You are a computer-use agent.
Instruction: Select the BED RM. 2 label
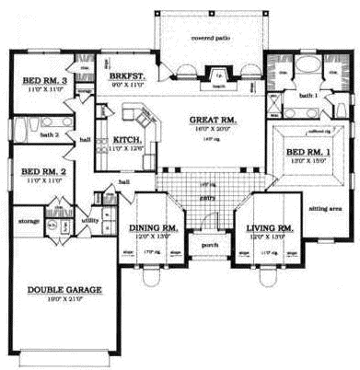click(x=41, y=172)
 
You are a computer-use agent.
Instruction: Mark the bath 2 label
click(x=50, y=135)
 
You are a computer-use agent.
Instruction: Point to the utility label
click(x=90, y=221)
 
